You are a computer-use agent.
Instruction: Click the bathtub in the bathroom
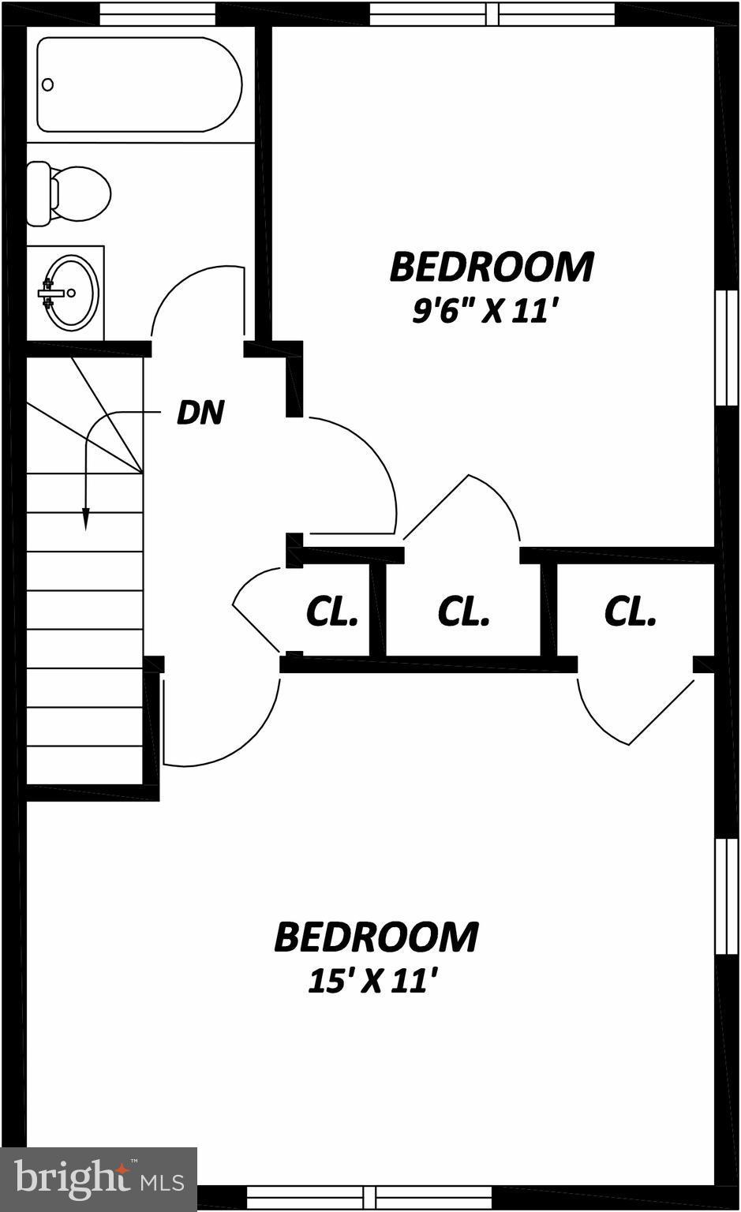point(139,85)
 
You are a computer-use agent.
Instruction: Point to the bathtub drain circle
point(48,84)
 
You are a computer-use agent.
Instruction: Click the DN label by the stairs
point(200,413)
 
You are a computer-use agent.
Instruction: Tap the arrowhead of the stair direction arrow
point(85,518)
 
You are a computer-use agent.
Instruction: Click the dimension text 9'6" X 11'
point(479,312)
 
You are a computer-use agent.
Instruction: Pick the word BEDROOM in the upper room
point(491,267)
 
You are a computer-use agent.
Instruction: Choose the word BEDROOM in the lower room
point(376,937)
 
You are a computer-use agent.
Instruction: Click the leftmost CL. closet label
point(331,612)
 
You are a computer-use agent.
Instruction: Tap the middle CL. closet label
point(463,612)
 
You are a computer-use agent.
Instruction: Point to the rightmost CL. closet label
point(630,612)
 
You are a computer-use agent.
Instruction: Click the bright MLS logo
point(99,1179)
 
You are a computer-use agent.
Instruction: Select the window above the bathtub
point(158,13)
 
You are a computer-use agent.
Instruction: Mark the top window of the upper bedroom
point(492,13)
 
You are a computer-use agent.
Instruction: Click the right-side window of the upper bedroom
point(720,347)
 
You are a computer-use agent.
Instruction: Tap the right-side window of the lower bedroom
point(720,896)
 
